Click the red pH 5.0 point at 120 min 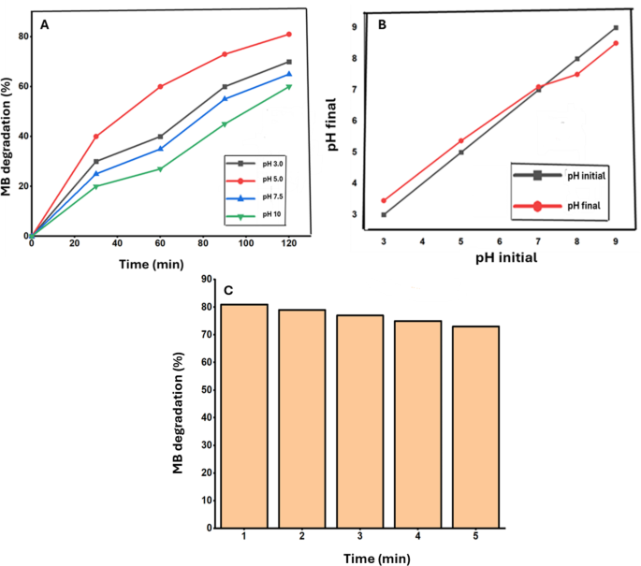[x=289, y=35]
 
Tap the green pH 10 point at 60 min [x=161, y=169]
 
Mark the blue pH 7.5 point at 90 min [x=225, y=99]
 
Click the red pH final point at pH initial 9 [x=615, y=43]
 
